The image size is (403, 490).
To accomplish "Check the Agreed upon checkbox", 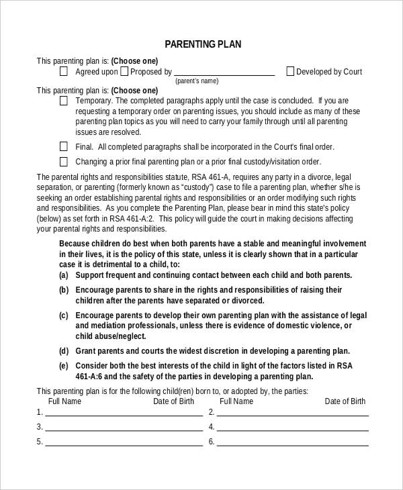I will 64,71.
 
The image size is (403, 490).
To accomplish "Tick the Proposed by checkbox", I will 125,71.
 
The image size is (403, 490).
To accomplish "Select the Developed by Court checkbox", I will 290,71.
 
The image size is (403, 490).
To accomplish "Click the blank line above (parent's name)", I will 224,75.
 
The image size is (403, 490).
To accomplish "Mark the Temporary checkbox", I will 64,101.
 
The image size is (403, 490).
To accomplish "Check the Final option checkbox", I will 64,146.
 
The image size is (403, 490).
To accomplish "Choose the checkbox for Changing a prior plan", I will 64,161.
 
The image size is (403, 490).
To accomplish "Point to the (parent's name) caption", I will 197,81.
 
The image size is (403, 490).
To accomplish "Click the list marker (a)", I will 64,275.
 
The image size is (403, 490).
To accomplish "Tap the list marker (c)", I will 64,315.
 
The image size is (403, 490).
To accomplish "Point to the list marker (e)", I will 64,366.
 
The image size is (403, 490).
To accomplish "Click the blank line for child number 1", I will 124,415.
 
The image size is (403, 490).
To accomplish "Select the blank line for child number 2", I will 292,415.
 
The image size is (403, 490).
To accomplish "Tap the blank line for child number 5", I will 124,444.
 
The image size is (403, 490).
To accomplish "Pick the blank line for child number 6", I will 292,444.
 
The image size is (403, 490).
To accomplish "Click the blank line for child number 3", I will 124,430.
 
